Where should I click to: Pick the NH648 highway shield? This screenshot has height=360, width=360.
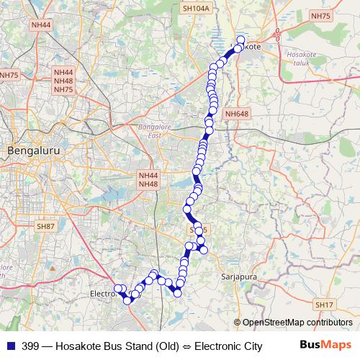coord(236,114)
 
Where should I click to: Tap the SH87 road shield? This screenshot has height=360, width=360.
coord(45,226)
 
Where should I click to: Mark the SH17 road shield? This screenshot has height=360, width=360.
coord(325,305)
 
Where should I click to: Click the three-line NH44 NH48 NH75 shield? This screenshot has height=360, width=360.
coord(63,81)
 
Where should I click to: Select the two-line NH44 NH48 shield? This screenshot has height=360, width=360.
coord(148,179)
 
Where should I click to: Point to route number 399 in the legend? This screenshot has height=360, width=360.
coord(30,346)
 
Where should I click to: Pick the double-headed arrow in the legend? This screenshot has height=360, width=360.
coord(186,346)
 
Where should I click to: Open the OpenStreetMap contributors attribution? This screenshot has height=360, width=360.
coord(297,322)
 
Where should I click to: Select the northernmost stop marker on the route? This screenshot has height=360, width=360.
coord(240,40)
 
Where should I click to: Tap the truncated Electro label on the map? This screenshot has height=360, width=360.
coord(102,294)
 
